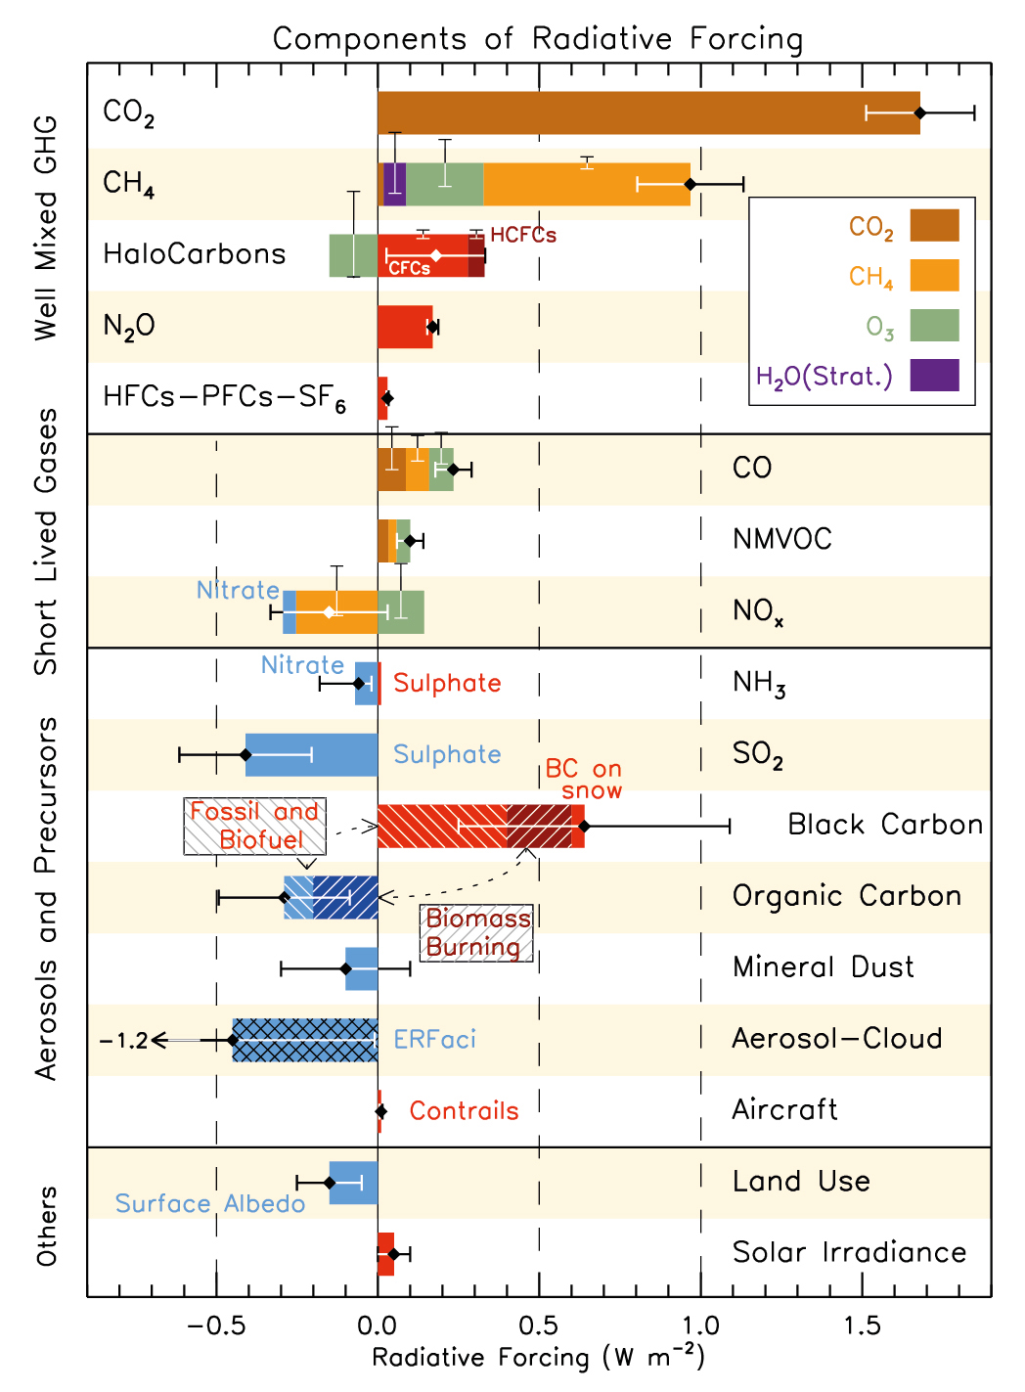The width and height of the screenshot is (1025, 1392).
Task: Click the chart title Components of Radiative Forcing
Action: [x=537, y=39]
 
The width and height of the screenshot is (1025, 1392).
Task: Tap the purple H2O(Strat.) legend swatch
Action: [x=934, y=376]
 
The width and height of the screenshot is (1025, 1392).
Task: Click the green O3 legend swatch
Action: [x=934, y=326]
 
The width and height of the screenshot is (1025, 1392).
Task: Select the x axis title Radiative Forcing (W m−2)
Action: [x=537, y=1358]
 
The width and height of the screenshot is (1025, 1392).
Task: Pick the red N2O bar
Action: [x=404, y=327]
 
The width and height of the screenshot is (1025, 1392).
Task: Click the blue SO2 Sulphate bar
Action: [x=311, y=754]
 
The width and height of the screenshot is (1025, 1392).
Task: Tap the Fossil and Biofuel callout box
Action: [x=254, y=826]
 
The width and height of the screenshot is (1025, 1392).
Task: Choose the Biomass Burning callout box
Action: [x=477, y=932]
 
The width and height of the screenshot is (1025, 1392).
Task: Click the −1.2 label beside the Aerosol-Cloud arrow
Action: [x=123, y=1041]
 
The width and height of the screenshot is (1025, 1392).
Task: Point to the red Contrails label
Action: [x=464, y=1111]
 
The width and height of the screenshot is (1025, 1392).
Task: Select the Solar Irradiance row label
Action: [x=849, y=1252]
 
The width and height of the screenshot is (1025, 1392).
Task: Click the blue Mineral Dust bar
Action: [x=361, y=968]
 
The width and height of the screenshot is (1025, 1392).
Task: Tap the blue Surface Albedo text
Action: [x=210, y=1204]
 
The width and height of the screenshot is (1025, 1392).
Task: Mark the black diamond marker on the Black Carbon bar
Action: [x=584, y=827]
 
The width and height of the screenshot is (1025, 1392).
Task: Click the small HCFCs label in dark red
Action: [x=523, y=236]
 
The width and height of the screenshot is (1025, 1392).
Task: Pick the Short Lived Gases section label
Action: [x=46, y=541]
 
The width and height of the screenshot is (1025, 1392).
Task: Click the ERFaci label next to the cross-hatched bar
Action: [x=434, y=1040]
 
